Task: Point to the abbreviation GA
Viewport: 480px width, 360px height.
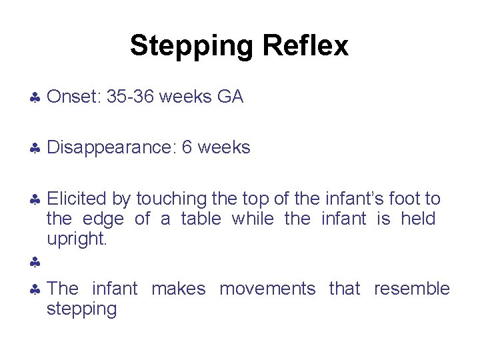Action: point(230,97)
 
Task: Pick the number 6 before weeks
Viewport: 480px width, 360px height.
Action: point(187,147)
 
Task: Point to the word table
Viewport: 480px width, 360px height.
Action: point(200,219)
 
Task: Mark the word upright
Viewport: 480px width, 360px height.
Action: point(76,239)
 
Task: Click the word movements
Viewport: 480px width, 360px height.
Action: point(267,289)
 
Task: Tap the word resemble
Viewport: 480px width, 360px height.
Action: point(411,289)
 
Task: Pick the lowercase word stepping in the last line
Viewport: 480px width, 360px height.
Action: point(81,309)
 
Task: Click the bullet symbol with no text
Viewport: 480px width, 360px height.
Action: point(35,263)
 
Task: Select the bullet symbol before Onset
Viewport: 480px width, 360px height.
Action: point(35,99)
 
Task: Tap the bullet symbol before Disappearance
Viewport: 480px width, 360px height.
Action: point(35,149)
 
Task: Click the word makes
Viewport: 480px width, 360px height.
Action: point(178,289)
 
